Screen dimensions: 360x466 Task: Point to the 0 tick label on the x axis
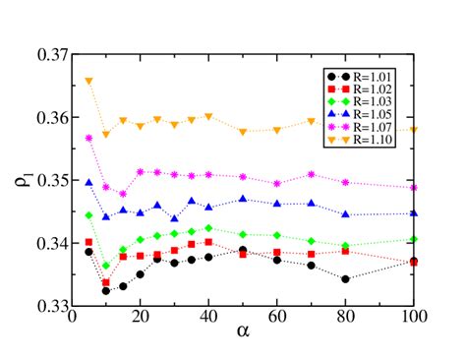(x=71, y=320)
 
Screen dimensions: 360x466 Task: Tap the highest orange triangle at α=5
(x=88, y=81)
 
